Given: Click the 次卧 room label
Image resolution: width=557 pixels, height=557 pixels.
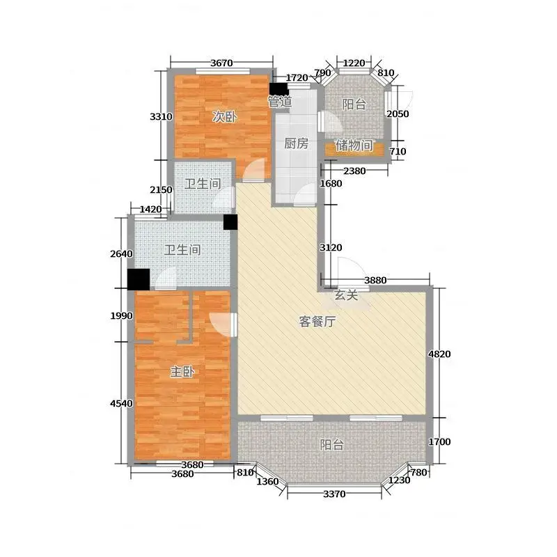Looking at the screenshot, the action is [224, 116].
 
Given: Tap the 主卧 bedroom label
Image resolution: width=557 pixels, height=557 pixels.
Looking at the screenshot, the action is [182, 372].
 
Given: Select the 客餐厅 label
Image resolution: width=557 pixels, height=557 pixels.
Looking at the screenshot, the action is [317, 322].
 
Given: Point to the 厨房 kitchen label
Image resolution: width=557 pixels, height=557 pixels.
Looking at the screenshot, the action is [297, 143].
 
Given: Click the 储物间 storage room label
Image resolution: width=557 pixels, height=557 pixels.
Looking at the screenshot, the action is [354, 145].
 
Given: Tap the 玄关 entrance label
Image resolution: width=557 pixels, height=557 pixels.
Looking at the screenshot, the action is [346, 295].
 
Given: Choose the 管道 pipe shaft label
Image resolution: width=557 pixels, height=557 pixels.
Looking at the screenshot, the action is [280, 102].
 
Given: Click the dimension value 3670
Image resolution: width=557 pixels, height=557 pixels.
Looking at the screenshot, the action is [221, 63].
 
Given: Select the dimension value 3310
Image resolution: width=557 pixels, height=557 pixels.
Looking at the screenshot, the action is [161, 116].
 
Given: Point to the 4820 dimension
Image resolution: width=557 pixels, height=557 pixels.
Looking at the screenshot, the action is [439, 354].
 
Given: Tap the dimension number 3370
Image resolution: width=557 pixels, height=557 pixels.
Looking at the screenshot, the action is [334, 494].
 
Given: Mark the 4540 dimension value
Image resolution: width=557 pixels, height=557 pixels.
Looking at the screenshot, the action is [121, 403].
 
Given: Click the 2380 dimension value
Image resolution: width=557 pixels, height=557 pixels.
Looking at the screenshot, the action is [354, 171].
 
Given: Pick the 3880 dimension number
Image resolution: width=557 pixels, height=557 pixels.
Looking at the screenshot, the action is [375, 281].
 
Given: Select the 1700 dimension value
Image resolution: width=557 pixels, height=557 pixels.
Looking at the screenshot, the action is [439, 441].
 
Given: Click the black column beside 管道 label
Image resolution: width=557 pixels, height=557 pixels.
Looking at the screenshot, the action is [278, 89].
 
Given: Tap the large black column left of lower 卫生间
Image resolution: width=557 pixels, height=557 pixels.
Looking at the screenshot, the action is [139, 279].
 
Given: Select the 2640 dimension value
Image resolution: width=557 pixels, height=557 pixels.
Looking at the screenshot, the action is [121, 253].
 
